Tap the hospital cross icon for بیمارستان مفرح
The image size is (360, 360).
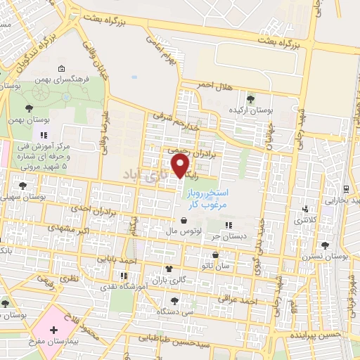point(53,330)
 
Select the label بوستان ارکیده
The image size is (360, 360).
point(250,110)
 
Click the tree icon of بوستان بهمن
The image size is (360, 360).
point(28,108)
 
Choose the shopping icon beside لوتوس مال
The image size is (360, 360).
point(184,221)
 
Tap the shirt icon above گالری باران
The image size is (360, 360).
point(168,269)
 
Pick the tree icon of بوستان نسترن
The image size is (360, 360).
point(324,245)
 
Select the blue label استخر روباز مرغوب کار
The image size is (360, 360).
point(205,198)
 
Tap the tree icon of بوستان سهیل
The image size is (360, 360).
point(22,186)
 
